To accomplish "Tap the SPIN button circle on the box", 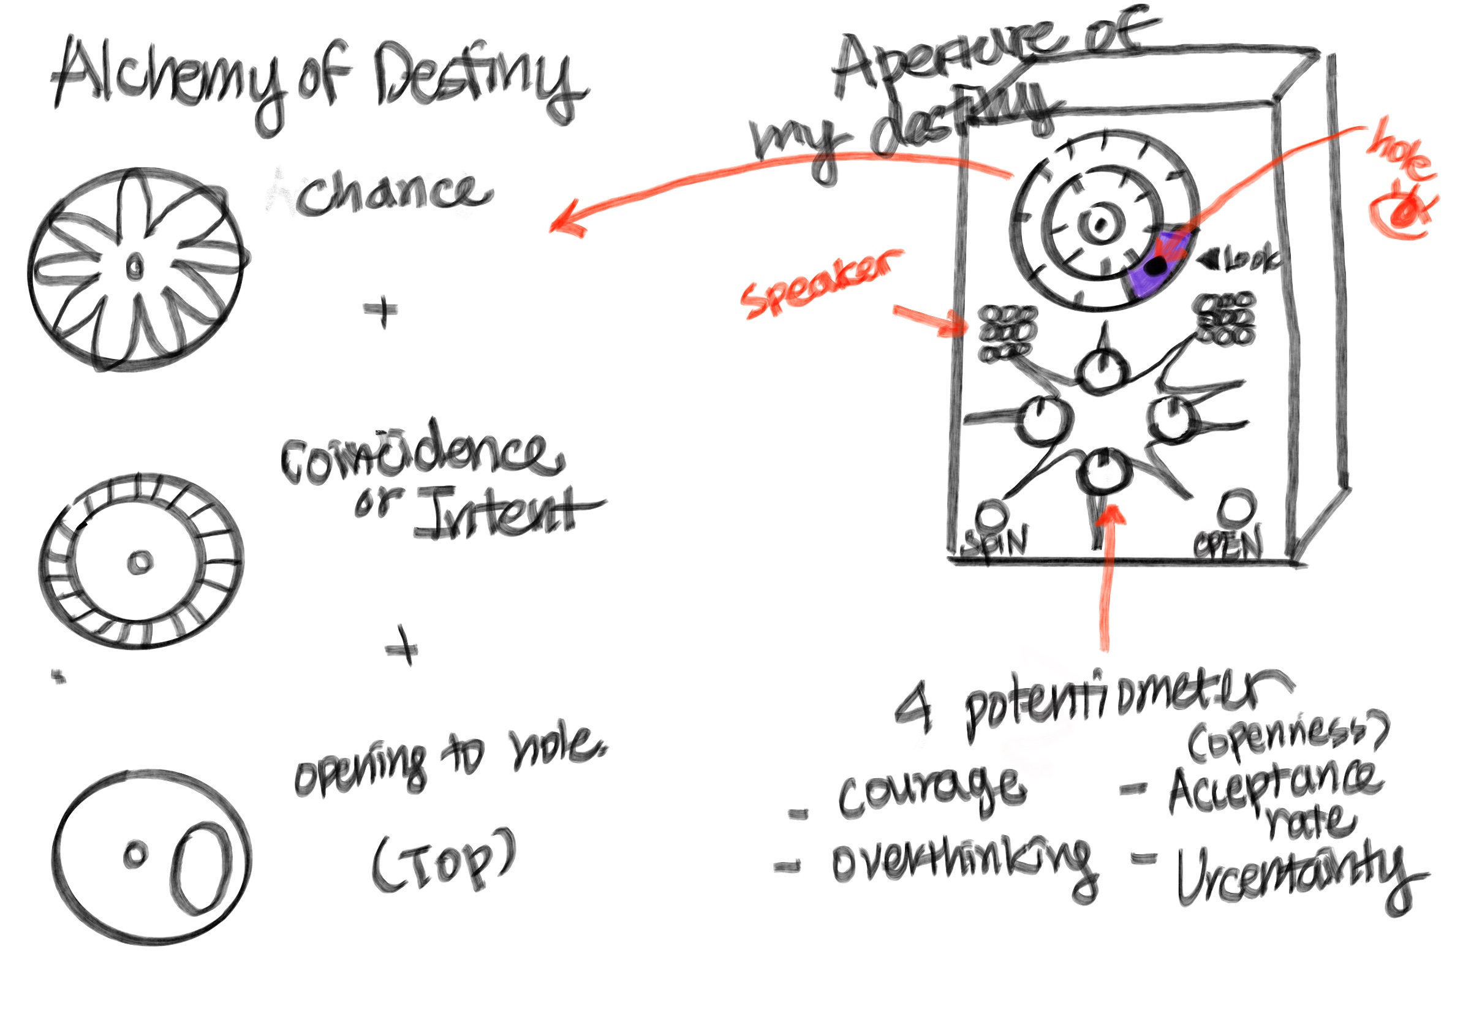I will click(992, 513).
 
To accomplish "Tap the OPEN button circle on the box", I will click(1235, 507).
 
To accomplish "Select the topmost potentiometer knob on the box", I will click(1100, 369).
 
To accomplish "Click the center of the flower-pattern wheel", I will click(135, 268).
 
